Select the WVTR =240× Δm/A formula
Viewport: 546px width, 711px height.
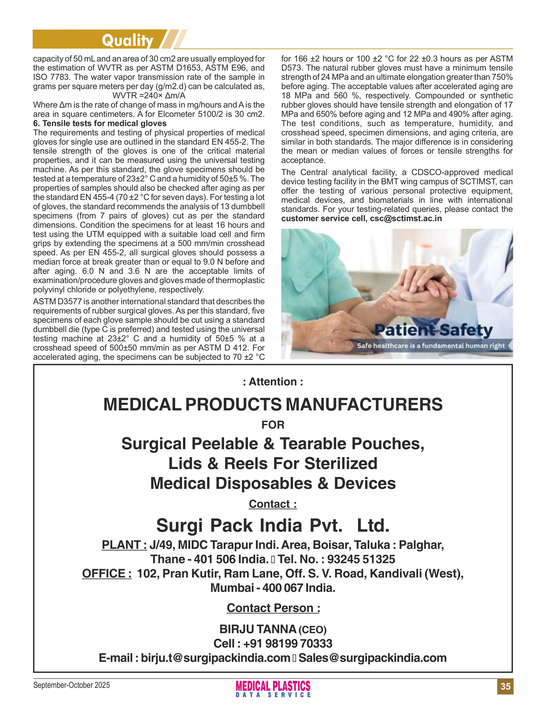[149, 95]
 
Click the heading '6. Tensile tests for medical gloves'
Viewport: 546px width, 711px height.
[100, 123]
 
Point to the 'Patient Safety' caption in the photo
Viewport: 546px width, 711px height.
[433, 330]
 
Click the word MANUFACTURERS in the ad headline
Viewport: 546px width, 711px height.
[364, 404]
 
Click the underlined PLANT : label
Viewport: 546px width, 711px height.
[124, 545]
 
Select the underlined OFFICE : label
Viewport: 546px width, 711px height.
[107, 573]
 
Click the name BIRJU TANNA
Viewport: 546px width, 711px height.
[258, 629]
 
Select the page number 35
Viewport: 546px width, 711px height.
[505, 686]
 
